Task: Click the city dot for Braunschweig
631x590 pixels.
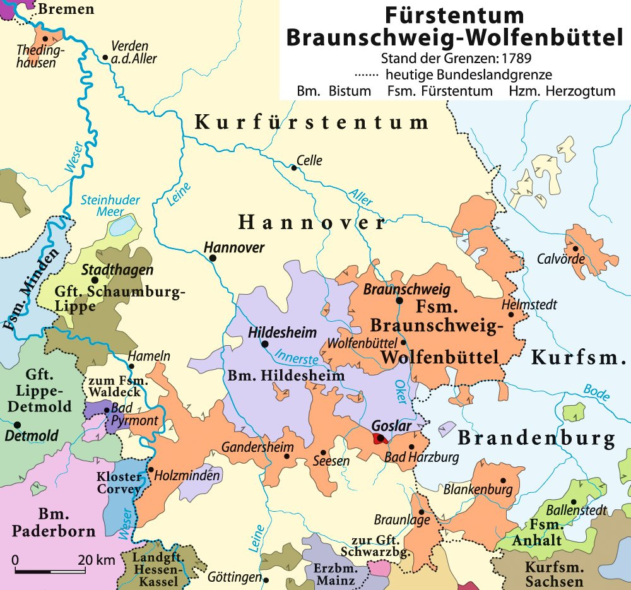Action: pyautogui.click(x=399, y=301)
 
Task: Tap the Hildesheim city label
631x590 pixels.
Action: pyautogui.click(x=282, y=333)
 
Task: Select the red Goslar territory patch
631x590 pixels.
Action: pyautogui.click(x=379, y=438)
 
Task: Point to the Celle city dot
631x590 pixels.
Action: pyautogui.click(x=293, y=168)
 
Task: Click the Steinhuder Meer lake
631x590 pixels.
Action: pyautogui.click(x=122, y=225)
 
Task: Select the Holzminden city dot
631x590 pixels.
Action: pyautogui.click(x=151, y=470)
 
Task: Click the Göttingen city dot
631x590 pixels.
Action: pyautogui.click(x=266, y=579)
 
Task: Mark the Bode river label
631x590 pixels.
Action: pyautogui.click(x=596, y=392)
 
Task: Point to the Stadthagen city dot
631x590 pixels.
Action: pyautogui.click(x=95, y=280)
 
